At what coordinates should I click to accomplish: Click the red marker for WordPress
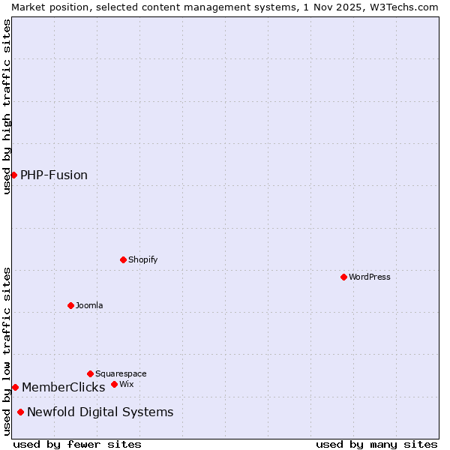(x=343, y=277)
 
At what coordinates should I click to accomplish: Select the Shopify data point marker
(x=123, y=259)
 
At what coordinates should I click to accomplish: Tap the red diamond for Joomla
(x=70, y=305)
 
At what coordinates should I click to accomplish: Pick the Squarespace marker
(x=90, y=373)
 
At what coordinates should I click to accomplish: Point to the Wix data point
(x=114, y=384)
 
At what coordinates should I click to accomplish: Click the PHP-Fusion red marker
(x=13, y=175)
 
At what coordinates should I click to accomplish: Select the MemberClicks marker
(x=15, y=387)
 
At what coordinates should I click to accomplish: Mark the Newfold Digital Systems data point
(x=20, y=412)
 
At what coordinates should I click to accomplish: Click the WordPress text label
(x=370, y=277)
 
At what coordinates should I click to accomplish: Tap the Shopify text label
(x=142, y=259)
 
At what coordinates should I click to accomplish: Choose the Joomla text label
(x=89, y=305)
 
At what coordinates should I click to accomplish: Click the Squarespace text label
(x=121, y=373)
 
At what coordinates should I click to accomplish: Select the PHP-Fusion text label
(x=54, y=175)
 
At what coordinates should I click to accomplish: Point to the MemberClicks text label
(x=64, y=388)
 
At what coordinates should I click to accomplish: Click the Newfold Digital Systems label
(x=100, y=412)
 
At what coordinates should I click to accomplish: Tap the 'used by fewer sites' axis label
(x=78, y=444)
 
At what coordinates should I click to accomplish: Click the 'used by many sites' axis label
(x=376, y=444)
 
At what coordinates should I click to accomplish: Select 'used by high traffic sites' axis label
(x=7, y=106)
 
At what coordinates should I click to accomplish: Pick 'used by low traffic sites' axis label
(x=7, y=351)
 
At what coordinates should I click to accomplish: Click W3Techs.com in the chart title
(x=405, y=7)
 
